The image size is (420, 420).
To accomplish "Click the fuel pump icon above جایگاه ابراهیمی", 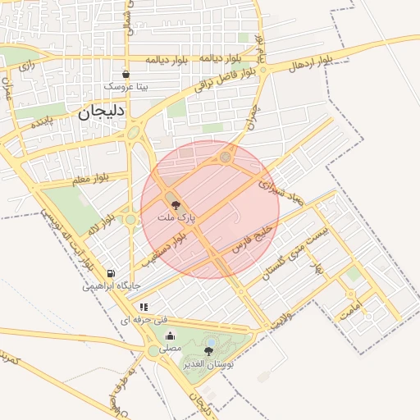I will (x=111, y=274).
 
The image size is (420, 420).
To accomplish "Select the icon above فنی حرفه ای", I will (x=144, y=307).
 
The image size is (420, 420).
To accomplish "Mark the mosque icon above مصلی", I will (x=170, y=336).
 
